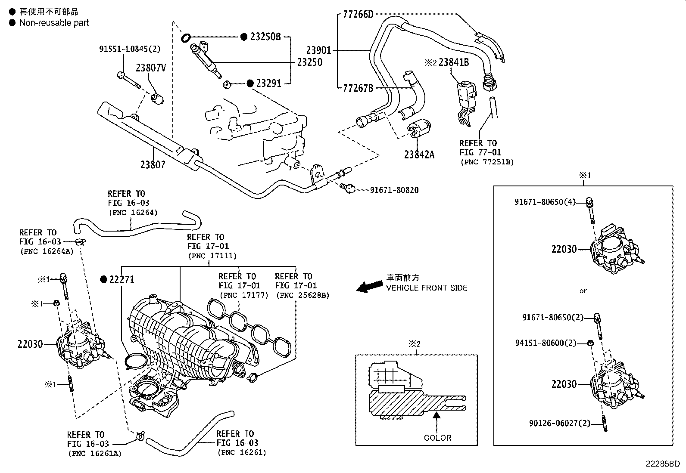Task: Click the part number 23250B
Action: [265, 37]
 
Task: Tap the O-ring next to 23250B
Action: [186, 38]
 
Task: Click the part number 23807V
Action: [151, 68]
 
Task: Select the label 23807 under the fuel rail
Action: [153, 164]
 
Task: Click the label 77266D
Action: [358, 15]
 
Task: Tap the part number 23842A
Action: [419, 154]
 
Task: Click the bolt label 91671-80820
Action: [394, 190]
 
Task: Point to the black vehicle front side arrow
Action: [369, 286]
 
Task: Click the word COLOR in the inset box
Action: [437, 438]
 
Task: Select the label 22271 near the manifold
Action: [122, 280]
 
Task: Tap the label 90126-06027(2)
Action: [559, 423]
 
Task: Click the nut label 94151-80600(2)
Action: [546, 343]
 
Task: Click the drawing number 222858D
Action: [662, 464]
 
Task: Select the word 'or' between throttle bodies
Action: [583, 291]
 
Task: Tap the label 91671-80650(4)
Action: [545, 202]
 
